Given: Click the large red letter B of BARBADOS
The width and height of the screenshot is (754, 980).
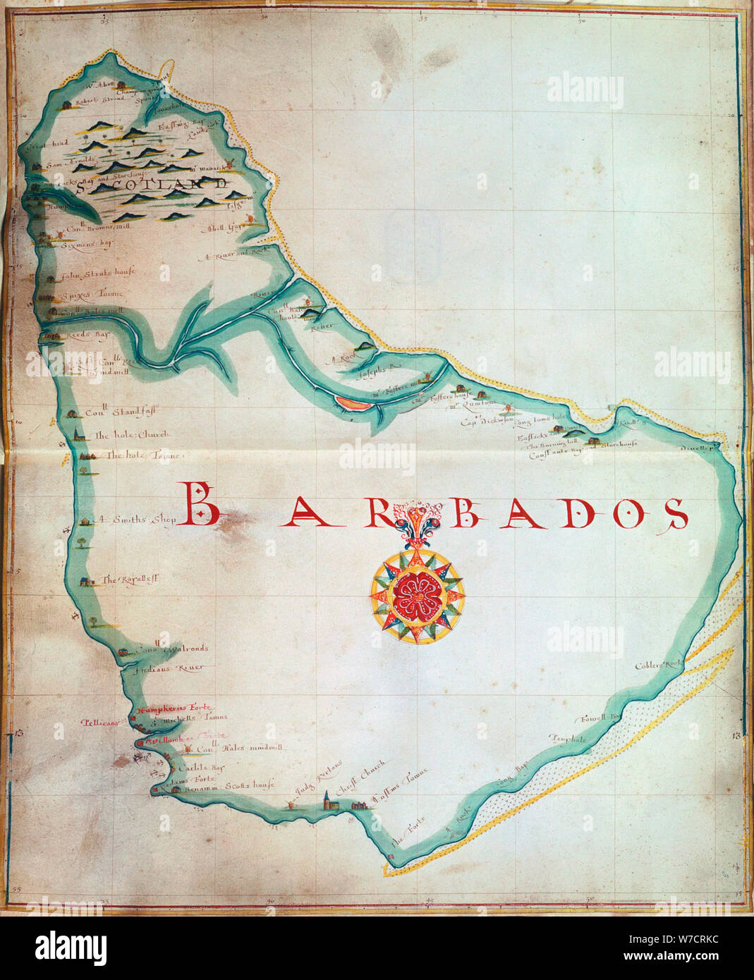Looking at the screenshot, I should tap(202, 505).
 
